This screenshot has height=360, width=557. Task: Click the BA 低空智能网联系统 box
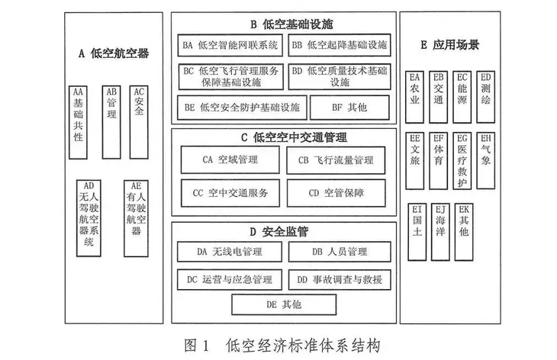click(230, 45)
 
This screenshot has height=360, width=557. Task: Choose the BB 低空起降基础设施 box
click(339, 45)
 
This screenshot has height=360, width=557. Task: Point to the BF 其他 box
click(348, 108)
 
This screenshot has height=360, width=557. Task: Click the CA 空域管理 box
click(230, 160)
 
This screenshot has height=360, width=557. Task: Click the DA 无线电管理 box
click(230, 250)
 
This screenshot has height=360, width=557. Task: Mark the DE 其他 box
click(284, 304)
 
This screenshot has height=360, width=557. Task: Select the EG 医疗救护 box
click(461, 160)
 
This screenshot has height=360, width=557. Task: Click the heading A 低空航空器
click(114, 53)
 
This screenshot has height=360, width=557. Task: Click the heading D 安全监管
click(284, 229)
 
